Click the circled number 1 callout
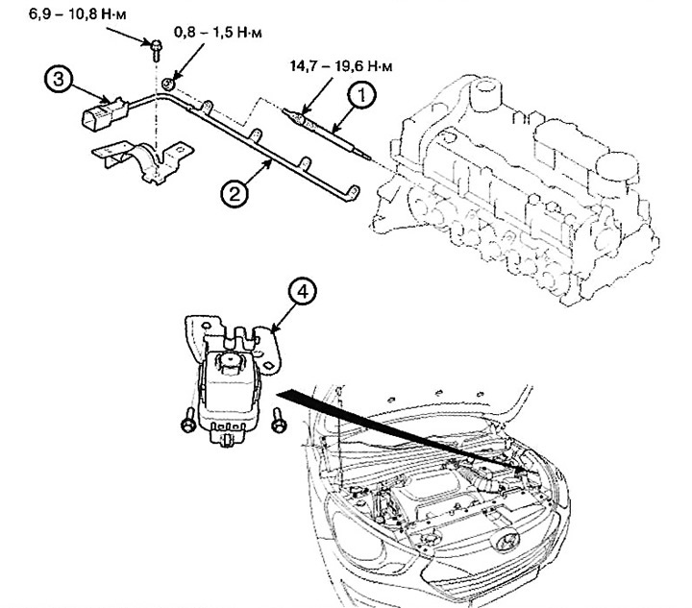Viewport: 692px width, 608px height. [x=361, y=96]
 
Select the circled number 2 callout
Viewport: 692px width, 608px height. [x=235, y=193]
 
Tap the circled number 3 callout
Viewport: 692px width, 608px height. [x=59, y=80]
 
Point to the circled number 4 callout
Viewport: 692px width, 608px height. [x=302, y=293]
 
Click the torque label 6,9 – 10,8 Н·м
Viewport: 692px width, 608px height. [x=78, y=14]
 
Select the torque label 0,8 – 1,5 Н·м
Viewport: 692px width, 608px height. [x=218, y=33]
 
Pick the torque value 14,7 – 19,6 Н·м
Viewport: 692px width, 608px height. [x=341, y=66]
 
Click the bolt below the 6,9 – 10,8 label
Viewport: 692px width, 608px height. [x=156, y=50]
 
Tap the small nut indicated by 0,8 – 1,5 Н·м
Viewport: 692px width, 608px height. [x=168, y=84]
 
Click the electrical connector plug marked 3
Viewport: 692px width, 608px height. [x=104, y=114]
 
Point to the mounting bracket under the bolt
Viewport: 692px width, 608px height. [x=142, y=160]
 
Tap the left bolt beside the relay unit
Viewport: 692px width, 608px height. [x=188, y=420]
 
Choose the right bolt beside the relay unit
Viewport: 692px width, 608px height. [x=279, y=420]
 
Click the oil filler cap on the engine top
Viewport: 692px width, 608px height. [x=486, y=93]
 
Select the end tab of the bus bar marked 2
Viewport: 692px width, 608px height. [x=353, y=193]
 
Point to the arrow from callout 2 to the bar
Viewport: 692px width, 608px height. [x=257, y=172]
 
